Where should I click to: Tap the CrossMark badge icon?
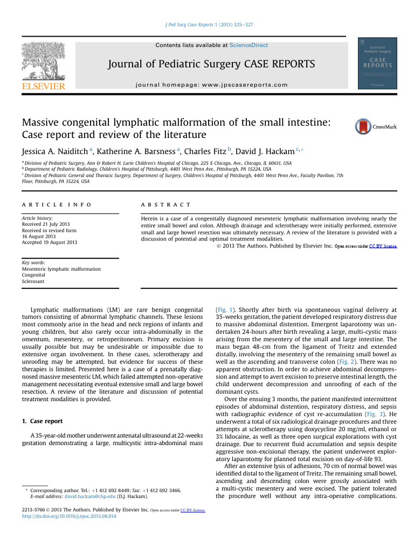tap(363, 127)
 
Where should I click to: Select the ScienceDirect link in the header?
tap(249, 45)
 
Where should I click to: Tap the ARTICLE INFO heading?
tap(56, 205)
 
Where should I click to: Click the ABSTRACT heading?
tap(165, 205)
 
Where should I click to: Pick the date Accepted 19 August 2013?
tap(49, 243)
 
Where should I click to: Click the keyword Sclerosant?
tap(33, 281)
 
